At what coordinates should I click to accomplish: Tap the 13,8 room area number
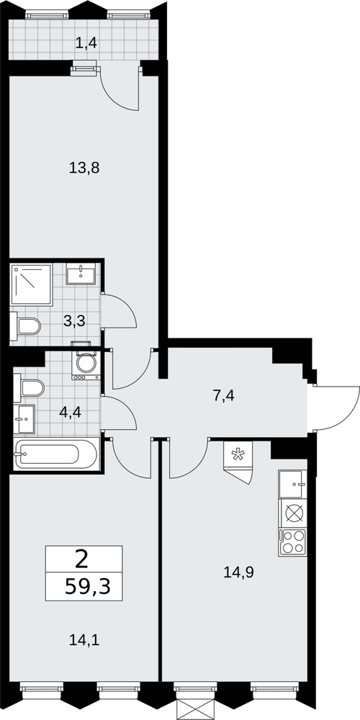pos(84,168)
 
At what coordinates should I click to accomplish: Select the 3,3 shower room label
pos(74,321)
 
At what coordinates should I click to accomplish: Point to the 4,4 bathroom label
pos(71,412)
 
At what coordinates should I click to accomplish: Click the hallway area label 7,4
pos(224,395)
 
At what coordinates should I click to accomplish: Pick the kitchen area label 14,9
pos(239,572)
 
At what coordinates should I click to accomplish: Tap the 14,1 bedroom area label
pos(84,639)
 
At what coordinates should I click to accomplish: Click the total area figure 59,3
pos(88,586)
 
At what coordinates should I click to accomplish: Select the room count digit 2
pos(82,559)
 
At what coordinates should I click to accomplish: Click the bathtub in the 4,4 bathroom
pos(56,454)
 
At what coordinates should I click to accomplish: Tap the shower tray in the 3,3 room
pos(32,284)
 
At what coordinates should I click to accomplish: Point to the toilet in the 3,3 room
pos(25,326)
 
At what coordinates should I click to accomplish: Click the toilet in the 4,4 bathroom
pos(29,388)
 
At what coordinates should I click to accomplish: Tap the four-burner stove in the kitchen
pos(292,542)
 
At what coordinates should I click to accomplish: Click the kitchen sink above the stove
pos(292,484)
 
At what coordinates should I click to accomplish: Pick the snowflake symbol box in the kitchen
pos(238,455)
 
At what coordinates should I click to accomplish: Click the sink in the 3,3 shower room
pos(81,274)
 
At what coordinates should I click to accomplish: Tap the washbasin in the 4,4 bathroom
pos(24,419)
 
